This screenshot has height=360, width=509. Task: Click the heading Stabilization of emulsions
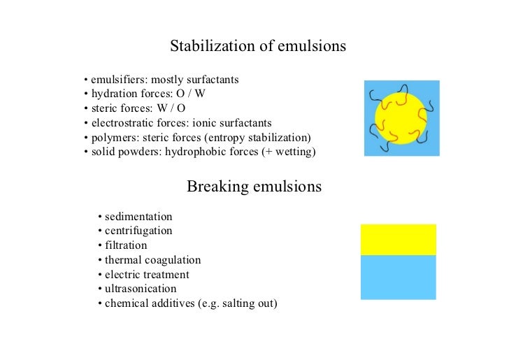pyautogui.click(x=258, y=47)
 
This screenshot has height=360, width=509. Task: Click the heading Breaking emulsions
pyautogui.click(x=254, y=187)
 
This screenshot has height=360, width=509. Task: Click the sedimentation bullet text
pyautogui.click(x=138, y=217)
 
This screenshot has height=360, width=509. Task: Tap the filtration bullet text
pyautogui.click(x=126, y=245)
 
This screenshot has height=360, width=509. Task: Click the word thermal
pyautogui.click(x=123, y=260)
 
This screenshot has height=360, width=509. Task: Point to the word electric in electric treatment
pyautogui.click(x=124, y=275)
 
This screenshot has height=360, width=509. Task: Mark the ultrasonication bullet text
pyautogui.click(x=141, y=289)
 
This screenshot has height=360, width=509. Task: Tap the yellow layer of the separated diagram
pyautogui.click(x=398, y=240)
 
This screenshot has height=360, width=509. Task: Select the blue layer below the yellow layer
pyautogui.click(x=398, y=277)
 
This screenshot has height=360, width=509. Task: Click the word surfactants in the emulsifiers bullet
pyautogui.click(x=214, y=80)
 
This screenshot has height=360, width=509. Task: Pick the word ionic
pyautogui.click(x=189, y=122)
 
